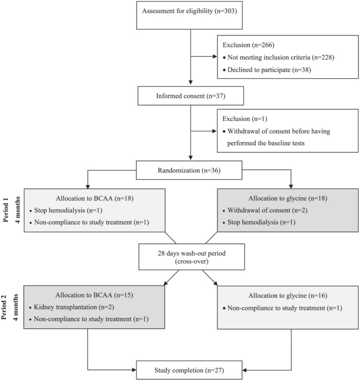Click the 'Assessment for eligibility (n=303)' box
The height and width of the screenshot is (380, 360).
[x=189, y=15]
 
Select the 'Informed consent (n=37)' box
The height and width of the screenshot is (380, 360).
[x=190, y=96]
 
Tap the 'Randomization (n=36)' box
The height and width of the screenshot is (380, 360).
[x=189, y=170]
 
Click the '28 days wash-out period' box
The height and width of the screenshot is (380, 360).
[x=191, y=257]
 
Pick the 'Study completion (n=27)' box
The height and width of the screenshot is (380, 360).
[x=189, y=370]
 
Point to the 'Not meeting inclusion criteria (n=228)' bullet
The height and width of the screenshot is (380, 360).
[x=279, y=57]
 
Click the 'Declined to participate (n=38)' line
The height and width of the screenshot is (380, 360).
[x=267, y=70]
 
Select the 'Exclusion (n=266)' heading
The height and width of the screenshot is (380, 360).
[x=249, y=45]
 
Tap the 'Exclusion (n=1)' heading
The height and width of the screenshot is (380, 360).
[x=245, y=119]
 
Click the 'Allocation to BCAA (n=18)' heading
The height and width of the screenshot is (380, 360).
[x=95, y=199]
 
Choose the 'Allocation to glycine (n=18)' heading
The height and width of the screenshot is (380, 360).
[x=288, y=199]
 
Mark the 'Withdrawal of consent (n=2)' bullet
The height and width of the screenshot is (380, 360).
[x=265, y=210]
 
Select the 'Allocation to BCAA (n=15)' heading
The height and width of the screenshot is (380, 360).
[x=94, y=295]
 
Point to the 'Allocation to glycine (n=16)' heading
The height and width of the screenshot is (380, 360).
[x=288, y=296]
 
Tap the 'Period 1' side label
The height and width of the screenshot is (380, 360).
[x=6, y=210]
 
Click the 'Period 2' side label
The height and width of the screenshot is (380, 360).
[x=4, y=307]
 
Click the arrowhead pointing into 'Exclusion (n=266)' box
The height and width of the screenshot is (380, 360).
[x=215, y=56]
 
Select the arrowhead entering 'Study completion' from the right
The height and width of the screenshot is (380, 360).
[x=245, y=370]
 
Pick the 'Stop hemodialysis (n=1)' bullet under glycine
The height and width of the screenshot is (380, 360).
[x=259, y=223]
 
